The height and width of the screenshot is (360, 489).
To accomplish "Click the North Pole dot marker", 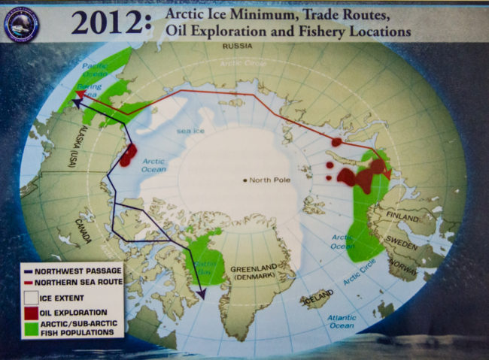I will click(x=245, y=180).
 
